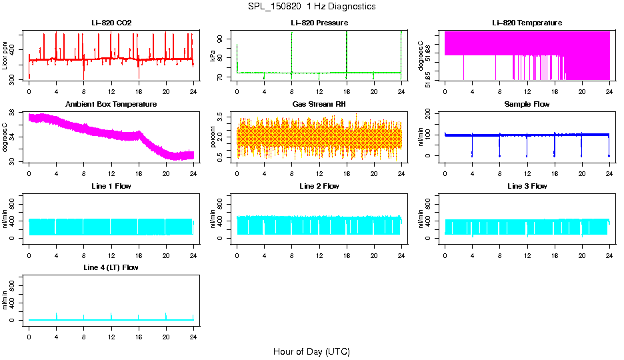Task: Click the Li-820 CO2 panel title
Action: pos(111,23)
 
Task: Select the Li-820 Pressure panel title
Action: pos(319,23)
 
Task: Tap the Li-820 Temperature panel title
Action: pos(527,23)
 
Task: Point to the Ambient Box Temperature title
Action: pos(111,105)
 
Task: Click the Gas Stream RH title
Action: pos(319,105)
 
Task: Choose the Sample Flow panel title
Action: pos(527,105)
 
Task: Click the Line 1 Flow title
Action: pos(111,186)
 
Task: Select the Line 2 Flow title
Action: pos(319,186)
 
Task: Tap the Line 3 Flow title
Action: pos(527,186)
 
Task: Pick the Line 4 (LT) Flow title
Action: pos(111,267)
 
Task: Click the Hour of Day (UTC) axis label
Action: pos(311,351)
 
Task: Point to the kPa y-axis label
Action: pos(213,57)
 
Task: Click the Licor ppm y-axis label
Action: pos(5,57)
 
